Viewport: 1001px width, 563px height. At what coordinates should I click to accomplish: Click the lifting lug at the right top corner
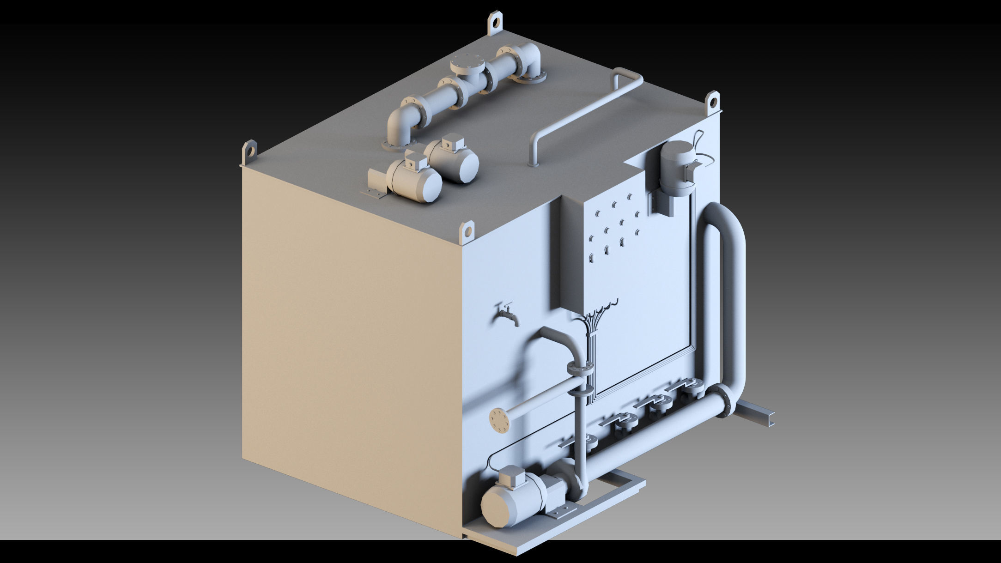[x=713, y=102]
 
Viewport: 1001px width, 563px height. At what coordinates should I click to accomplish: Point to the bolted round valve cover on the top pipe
[x=467, y=62]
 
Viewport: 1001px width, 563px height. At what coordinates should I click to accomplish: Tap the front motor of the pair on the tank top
[x=413, y=179]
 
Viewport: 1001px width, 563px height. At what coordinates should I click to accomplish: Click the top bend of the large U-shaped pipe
[x=723, y=218]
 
